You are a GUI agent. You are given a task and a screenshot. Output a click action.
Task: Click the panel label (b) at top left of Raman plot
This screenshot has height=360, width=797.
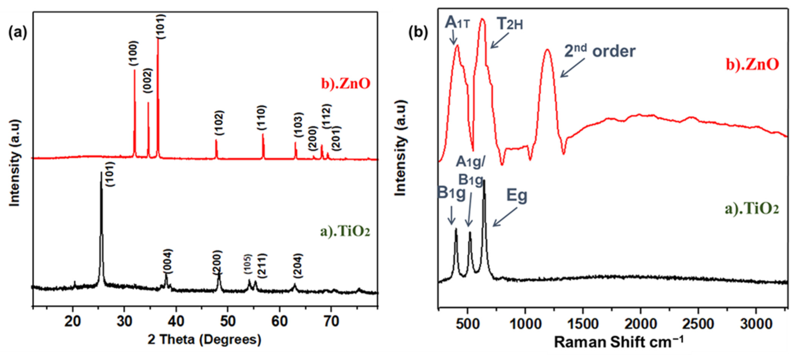[417, 33]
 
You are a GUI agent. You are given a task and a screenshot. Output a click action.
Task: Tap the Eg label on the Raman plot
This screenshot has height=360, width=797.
[517, 196]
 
